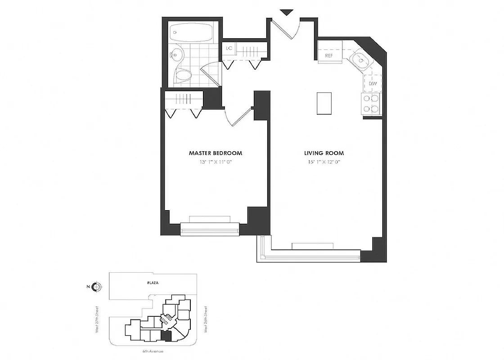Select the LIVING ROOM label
click(x=324, y=153)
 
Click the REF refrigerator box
click(x=329, y=56)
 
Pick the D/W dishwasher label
click(x=373, y=84)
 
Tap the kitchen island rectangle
click(x=324, y=103)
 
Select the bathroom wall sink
click(x=176, y=56)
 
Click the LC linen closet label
click(x=229, y=48)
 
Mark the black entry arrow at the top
click(x=286, y=13)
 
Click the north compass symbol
click(x=97, y=287)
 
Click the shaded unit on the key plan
click(x=166, y=336)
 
